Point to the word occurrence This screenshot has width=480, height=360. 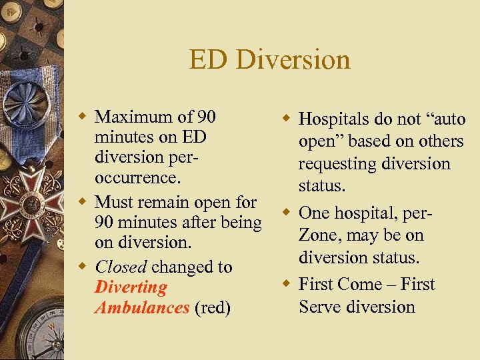pyautogui.click(x=136, y=179)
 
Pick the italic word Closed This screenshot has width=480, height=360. pyautogui.click(x=121, y=267)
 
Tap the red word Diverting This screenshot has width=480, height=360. pyautogui.click(x=131, y=287)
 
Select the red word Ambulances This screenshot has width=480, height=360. pyautogui.click(x=142, y=307)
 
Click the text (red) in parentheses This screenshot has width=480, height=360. pyautogui.click(x=213, y=307)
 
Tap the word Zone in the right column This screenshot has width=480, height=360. pyautogui.click(x=319, y=235)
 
